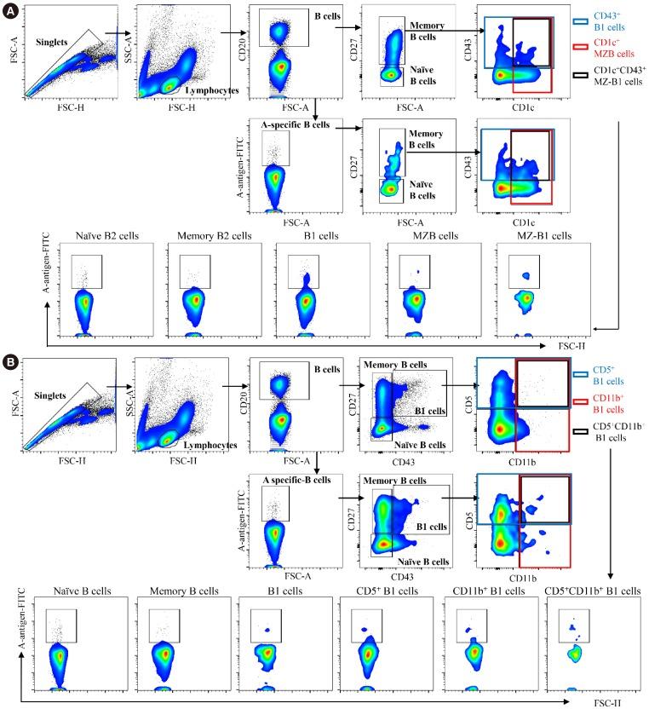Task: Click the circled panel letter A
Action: coord(11,11)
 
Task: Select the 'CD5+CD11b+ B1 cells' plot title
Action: coord(593,591)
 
